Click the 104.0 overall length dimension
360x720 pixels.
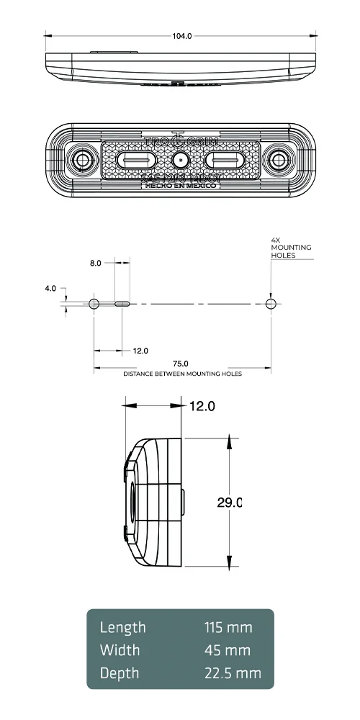point(182,35)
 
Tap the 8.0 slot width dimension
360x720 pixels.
point(95,264)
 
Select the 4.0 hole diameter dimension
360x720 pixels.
point(50,288)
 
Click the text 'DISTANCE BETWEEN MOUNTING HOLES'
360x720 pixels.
point(182,374)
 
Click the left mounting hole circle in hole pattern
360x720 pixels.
point(94,304)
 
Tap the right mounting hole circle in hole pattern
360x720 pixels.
point(271,304)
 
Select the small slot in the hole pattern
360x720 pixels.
point(122,304)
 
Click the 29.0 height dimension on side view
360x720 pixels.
point(229,503)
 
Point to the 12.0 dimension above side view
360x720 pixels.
point(202,406)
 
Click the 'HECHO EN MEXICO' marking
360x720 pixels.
point(180,185)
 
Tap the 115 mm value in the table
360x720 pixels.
point(228,627)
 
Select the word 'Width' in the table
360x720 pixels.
point(120,650)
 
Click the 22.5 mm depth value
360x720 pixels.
point(233,673)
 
